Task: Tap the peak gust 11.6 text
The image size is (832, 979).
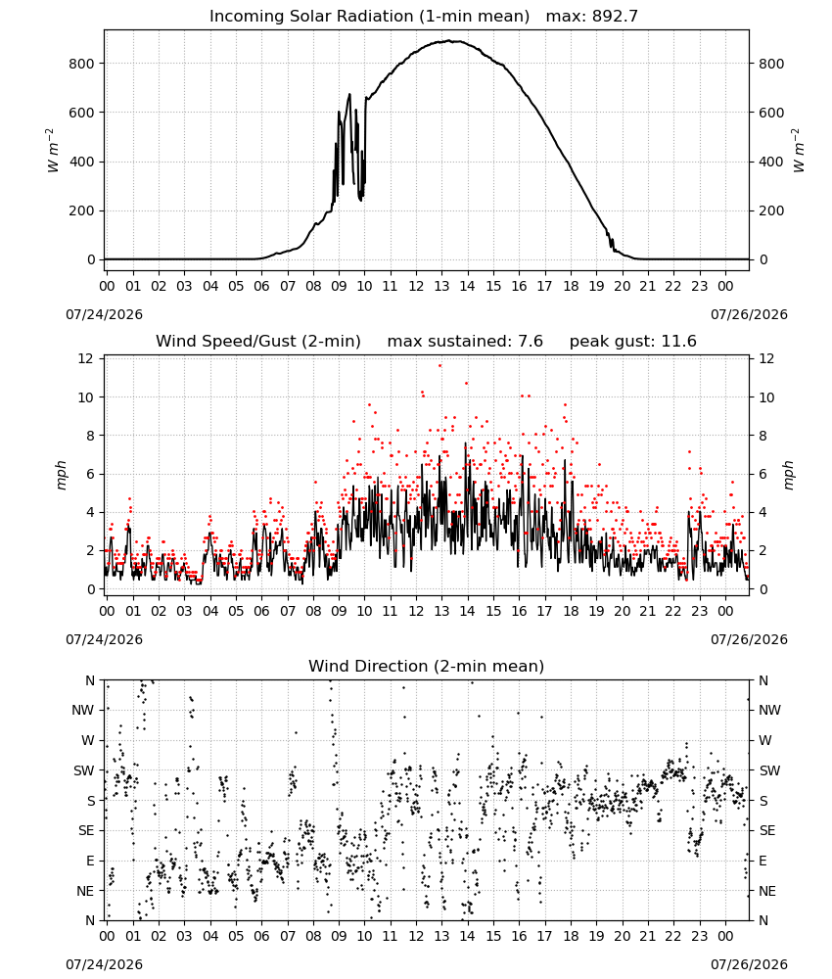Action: coord(633,342)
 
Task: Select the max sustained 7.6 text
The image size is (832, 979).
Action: coord(465,342)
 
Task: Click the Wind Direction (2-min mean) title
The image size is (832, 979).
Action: coord(427,666)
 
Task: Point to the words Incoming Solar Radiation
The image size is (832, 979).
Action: coord(311,17)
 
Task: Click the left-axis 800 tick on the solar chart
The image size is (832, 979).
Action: coord(82,64)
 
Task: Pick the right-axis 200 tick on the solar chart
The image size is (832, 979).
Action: coord(771,211)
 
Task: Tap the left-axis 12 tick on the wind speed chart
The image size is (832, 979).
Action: coord(85,358)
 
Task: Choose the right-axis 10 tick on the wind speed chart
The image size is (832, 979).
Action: coord(766,397)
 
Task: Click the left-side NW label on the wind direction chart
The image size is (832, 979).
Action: coord(83,710)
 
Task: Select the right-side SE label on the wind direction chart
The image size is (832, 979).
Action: coord(767,830)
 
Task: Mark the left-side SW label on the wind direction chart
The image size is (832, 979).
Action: coord(83,770)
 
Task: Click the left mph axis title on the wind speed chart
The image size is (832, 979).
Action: coord(61,475)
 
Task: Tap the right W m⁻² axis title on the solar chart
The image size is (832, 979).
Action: coord(799,151)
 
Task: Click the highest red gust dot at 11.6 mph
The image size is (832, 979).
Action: coord(440,366)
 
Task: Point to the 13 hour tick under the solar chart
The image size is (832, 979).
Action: coord(441,287)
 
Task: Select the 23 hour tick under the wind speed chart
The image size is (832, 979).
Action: coord(700,611)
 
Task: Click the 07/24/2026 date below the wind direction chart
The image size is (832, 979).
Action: coord(104,964)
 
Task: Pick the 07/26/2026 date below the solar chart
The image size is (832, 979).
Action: coord(749,314)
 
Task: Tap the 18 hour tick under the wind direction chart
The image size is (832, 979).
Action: coord(571,937)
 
